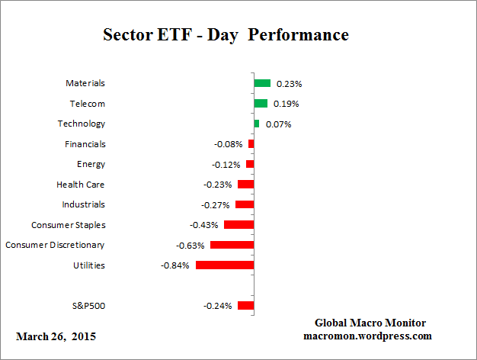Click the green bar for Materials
click(262, 83)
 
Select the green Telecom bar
click(261, 103)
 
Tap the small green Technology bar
click(257, 124)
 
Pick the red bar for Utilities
click(225, 265)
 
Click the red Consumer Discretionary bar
click(232, 245)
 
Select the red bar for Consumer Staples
click(238, 224)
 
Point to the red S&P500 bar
click(245, 305)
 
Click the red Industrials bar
click(245, 204)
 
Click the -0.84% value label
click(174, 265)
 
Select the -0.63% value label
click(189, 245)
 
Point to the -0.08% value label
click(228, 144)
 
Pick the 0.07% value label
click(277, 124)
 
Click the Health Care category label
click(81, 185)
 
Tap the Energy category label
click(91, 164)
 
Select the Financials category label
click(85, 144)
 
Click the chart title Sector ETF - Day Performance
click(226, 35)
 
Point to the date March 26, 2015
click(56, 336)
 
